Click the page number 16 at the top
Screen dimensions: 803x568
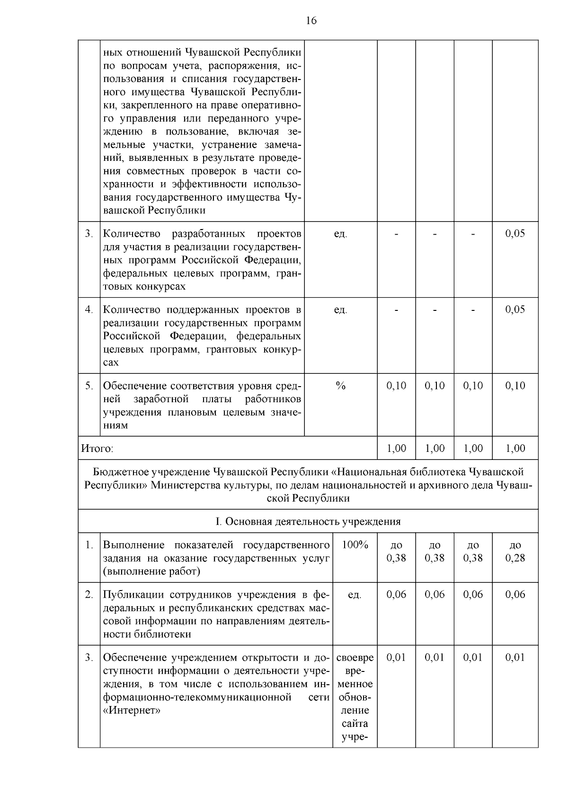(x=311, y=20)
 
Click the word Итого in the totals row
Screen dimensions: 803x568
(x=97, y=449)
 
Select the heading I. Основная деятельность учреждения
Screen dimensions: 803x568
(x=308, y=521)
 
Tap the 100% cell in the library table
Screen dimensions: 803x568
(x=355, y=545)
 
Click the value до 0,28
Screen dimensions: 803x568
(x=515, y=551)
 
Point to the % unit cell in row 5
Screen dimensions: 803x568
(x=340, y=386)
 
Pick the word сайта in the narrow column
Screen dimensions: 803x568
(x=355, y=724)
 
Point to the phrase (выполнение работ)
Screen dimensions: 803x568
(x=151, y=571)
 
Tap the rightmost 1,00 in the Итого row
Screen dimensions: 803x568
(x=515, y=449)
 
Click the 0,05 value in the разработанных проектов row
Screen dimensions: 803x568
(x=515, y=234)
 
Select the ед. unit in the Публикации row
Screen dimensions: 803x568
(x=355, y=595)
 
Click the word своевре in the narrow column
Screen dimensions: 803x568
(x=355, y=658)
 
